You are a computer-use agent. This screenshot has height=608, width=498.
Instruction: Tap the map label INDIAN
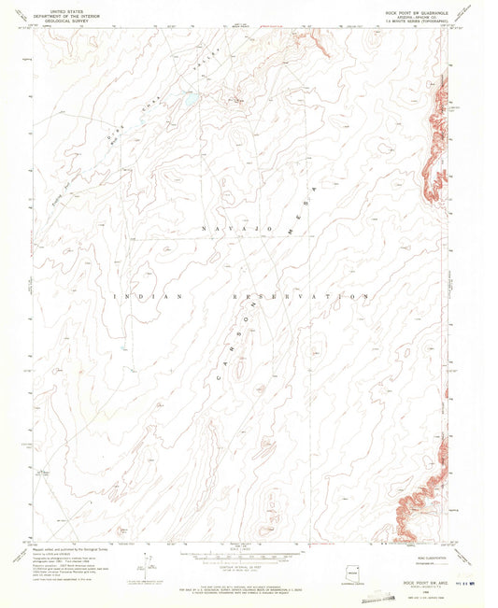tap(144, 296)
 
